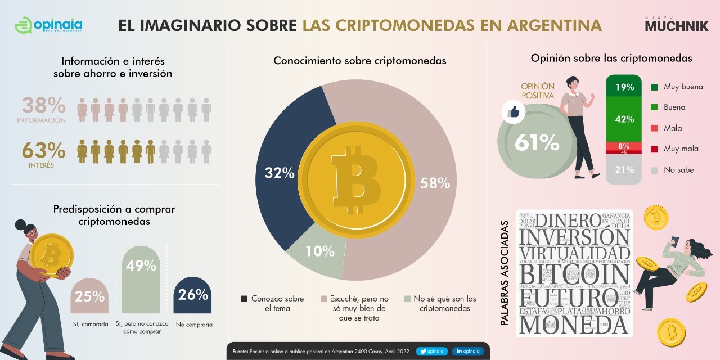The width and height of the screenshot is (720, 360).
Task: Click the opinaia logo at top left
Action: coord(48,25)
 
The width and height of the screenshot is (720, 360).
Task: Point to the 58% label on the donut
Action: coord(435,183)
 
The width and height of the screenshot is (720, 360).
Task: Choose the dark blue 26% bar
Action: coord(192,295)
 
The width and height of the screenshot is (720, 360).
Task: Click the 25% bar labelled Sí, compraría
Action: coord(89,296)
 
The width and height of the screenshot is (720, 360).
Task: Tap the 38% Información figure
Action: coord(44,106)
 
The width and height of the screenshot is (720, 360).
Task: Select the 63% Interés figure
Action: coord(44,151)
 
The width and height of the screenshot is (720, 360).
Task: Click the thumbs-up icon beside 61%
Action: coord(513,112)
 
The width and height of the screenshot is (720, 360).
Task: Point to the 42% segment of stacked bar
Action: coord(624,119)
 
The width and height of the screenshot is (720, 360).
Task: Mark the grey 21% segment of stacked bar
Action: coord(624,169)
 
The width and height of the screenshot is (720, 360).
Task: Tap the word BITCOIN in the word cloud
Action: coord(574,274)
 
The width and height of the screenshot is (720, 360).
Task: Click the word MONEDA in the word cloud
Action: coord(574,325)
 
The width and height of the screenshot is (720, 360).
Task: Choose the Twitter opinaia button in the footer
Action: coord(432,352)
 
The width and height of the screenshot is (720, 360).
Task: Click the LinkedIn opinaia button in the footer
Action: coord(468,352)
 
